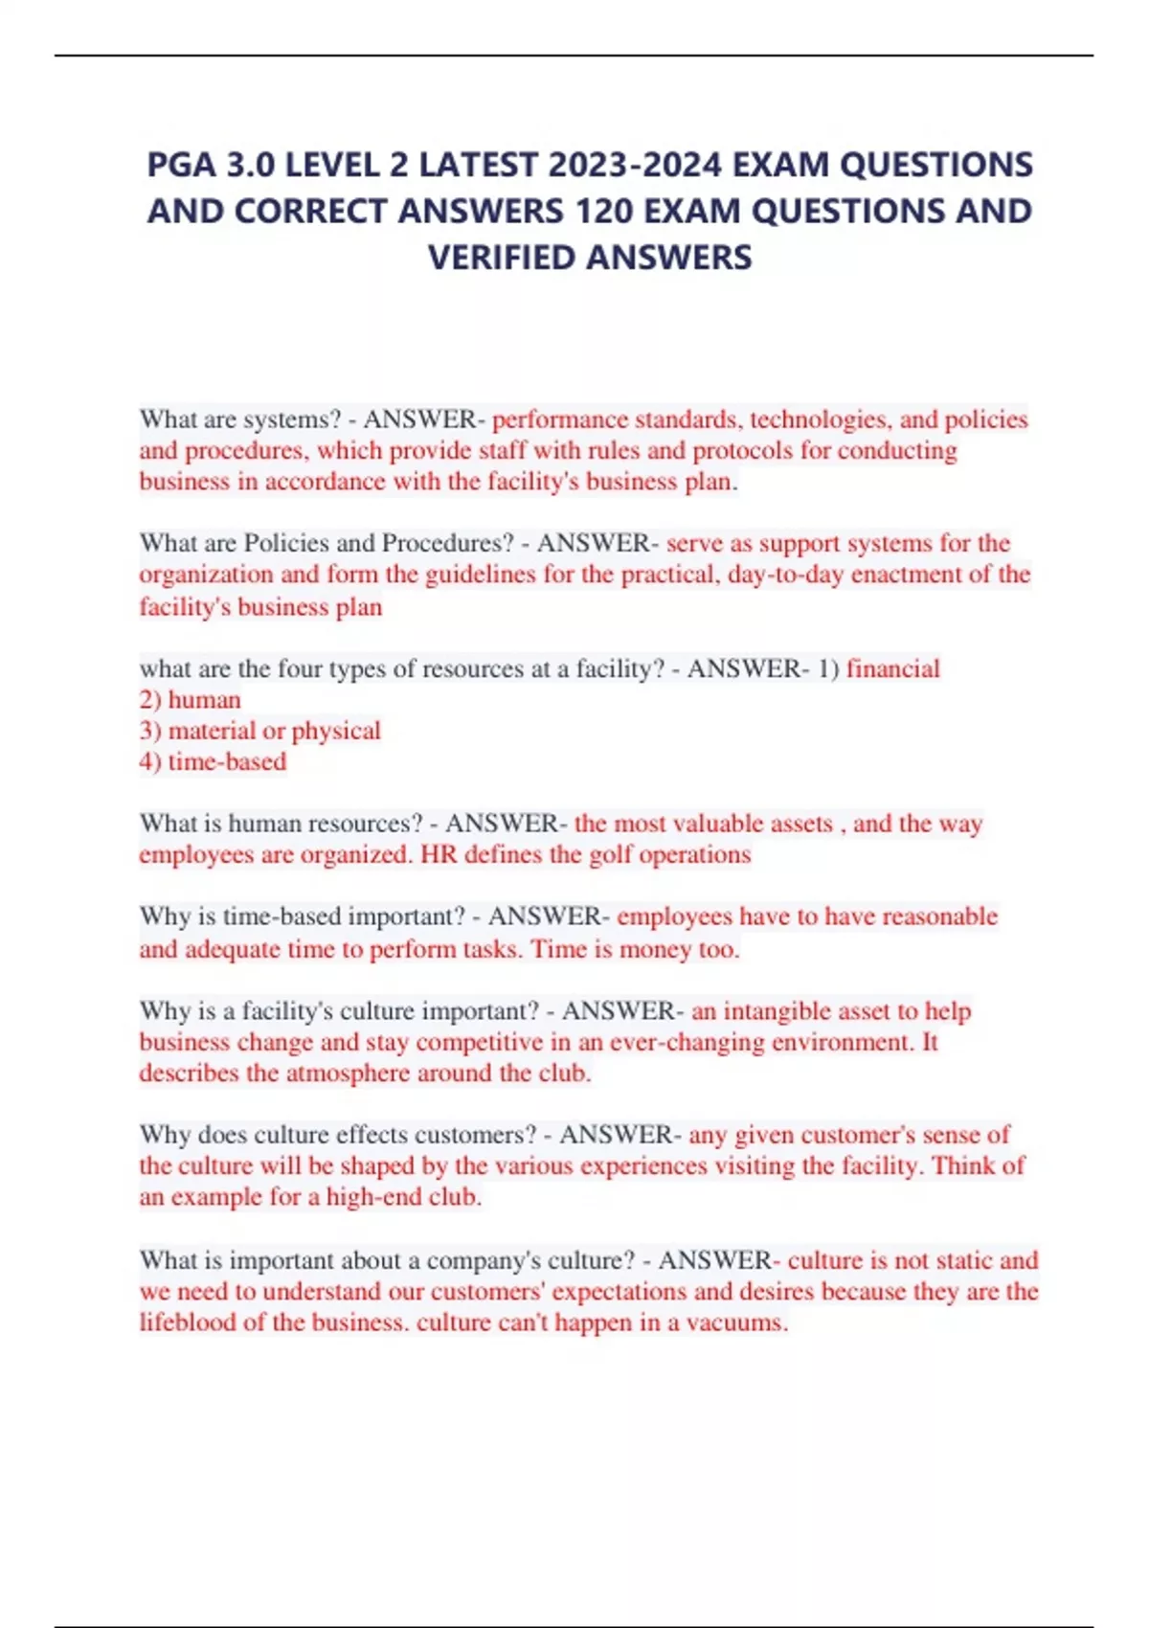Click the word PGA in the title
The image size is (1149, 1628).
[181, 166]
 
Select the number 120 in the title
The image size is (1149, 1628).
[603, 212]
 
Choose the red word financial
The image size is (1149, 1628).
[893, 668]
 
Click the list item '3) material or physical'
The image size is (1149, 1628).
[259, 731]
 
